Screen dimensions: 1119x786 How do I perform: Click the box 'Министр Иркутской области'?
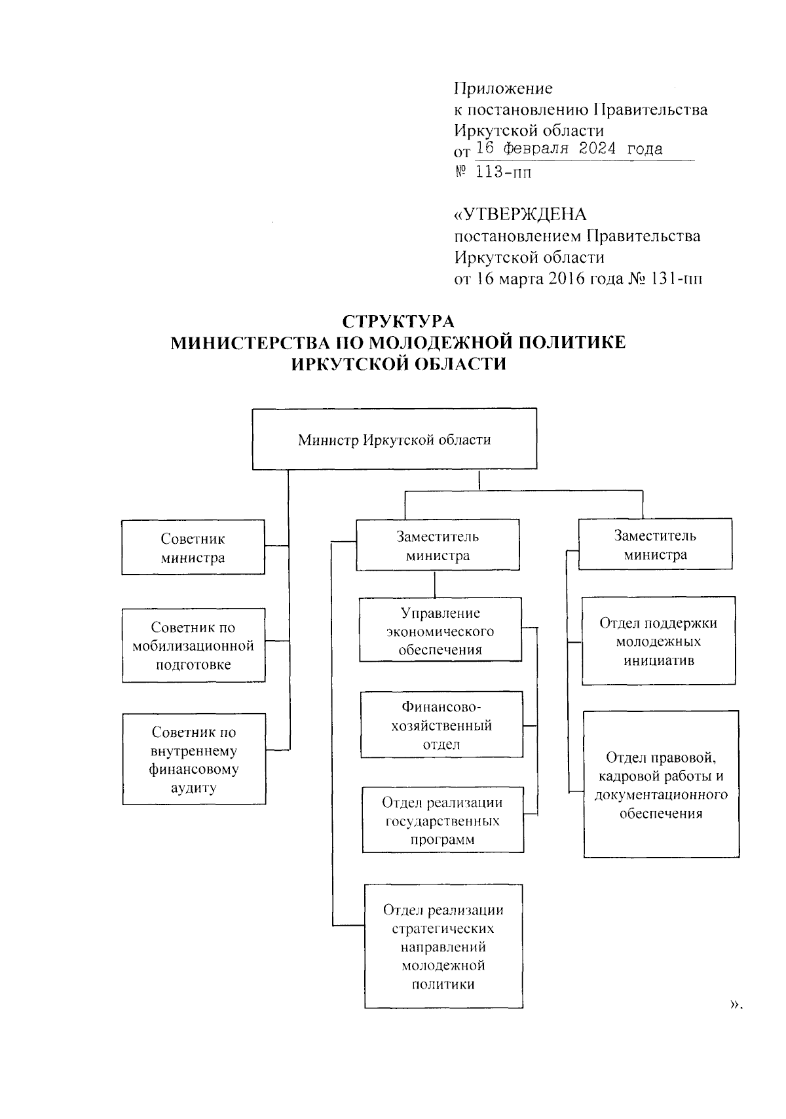coord(394,439)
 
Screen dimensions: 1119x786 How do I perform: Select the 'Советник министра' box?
coord(193,548)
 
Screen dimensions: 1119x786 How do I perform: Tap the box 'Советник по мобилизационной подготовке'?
coord(193,646)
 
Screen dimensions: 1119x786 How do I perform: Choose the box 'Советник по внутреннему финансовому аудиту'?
coord(194,759)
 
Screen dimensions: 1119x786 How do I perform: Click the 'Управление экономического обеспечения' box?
coord(440,631)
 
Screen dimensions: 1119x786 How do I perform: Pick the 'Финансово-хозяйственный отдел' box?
coord(441,725)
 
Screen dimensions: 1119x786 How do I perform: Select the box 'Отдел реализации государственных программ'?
coord(443,820)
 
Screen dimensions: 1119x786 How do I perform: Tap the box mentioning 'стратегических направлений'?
coord(443,947)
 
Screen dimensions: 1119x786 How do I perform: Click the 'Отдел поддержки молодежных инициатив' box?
coord(658,641)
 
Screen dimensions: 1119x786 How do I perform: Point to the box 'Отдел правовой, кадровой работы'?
coord(662,785)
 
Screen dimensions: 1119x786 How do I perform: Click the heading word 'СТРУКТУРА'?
coord(398,322)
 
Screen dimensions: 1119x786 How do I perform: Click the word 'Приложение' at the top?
coord(503,88)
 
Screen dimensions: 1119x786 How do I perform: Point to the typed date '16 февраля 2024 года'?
coord(569,149)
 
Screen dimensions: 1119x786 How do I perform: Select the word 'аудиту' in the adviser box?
coord(193,787)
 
